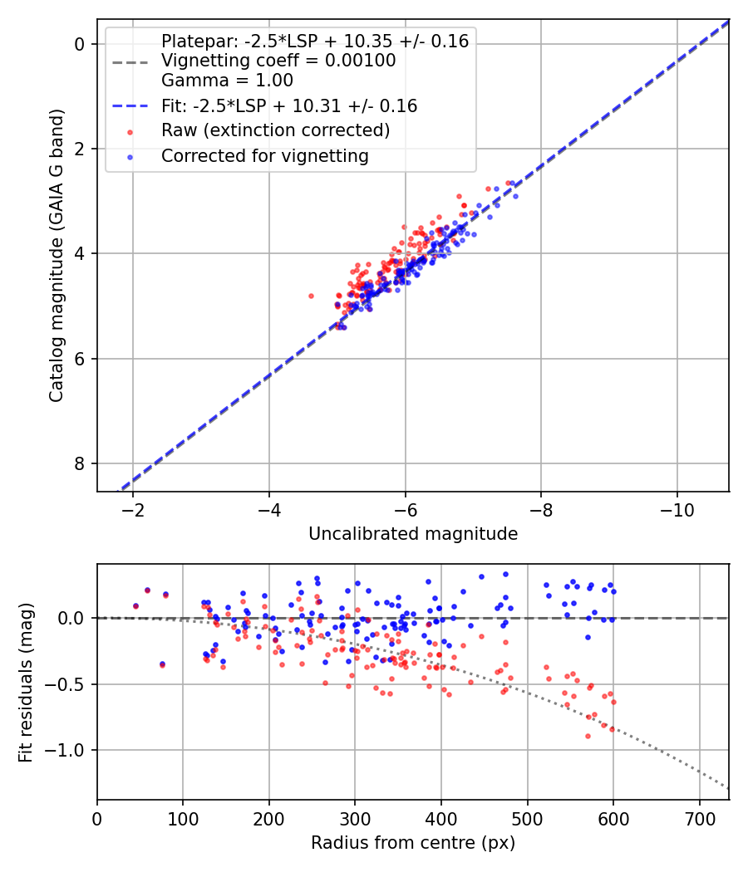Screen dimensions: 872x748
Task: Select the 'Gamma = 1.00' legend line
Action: (x=227, y=81)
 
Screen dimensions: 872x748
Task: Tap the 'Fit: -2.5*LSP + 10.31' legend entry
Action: (x=288, y=106)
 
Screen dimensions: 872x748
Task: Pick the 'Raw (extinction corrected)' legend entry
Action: (x=275, y=130)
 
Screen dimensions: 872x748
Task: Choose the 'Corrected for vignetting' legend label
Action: (x=264, y=155)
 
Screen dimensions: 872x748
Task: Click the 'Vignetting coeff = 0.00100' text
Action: (x=278, y=61)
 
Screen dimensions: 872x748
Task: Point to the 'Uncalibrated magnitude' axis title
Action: (x=413, y=534)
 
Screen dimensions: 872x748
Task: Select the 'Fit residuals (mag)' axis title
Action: (x=25, y=682)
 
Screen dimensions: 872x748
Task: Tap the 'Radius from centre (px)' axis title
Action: (x=413, y=843)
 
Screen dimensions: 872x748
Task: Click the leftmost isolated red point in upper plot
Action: (x=311, y=296)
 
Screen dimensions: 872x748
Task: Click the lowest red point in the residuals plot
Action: (x=588, y=736)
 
